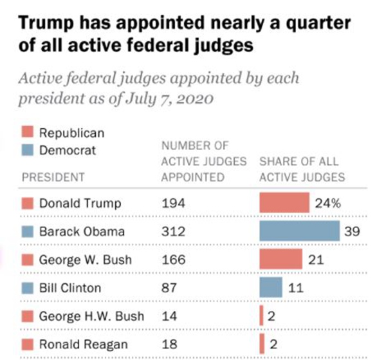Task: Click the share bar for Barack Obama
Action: point(299,231)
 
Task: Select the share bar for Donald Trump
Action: point(284,203)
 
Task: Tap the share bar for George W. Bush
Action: point(280,260)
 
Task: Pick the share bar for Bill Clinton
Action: point(271,288)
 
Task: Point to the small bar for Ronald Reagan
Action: point(261,344)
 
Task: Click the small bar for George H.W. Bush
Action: point(261,316)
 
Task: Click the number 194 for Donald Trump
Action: point(173,204)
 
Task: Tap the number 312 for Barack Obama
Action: point(173,232)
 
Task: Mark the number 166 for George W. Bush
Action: point(173,260)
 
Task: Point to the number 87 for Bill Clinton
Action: point(169,288)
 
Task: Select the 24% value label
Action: point(327,204)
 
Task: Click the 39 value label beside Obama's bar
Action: point(352,232)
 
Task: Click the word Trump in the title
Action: point(43,24)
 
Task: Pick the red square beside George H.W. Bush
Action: point(27,316)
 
